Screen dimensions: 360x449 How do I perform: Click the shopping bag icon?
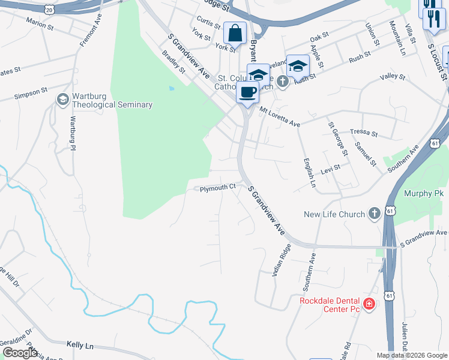[235, 33]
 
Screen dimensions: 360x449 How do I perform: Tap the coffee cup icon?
[247, 92]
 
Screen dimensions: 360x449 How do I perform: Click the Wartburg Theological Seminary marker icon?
[62, 99]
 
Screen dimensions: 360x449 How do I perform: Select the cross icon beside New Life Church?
[374, 214]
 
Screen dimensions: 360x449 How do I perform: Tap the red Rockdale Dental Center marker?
[369, 304]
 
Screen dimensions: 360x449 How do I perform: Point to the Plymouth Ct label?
[218, 188]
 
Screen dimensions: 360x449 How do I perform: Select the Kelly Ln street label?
[80, 346]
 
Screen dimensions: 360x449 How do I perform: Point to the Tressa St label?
[364, 134]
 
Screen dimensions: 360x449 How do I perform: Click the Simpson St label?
[31, 93]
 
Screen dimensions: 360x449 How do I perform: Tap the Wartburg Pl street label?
[74, 133]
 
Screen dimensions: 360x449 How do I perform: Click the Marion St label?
[40, 24]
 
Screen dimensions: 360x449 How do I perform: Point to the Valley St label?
[393, 77]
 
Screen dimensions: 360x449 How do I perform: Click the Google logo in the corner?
[20, 353]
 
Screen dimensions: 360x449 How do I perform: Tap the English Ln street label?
[309, 173]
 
